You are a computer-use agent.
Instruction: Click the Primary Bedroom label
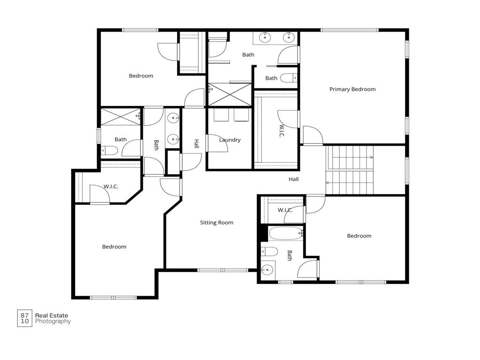352,89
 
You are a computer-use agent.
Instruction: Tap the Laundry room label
230,140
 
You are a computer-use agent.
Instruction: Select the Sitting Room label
217,223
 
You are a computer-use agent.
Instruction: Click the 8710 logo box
24,318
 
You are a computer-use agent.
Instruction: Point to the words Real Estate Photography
52,319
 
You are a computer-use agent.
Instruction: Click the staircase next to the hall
350,170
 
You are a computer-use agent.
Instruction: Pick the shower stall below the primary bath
229,94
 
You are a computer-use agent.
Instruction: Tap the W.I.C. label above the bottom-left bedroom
111,187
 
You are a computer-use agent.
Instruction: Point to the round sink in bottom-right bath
267,270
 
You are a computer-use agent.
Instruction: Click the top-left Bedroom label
141,76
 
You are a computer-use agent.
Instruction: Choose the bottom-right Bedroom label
359,236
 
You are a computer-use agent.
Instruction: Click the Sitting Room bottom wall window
222,270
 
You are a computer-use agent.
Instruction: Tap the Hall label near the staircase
293,179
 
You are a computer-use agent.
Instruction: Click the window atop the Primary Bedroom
349,30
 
